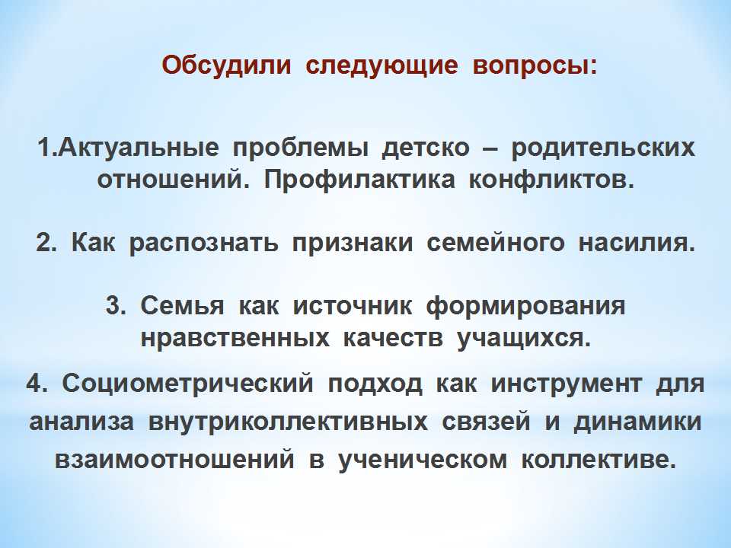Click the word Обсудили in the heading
point(226,65)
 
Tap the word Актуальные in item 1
point(139,148)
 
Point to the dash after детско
point(490,149)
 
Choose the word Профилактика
point(359,180)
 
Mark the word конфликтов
point(551,180)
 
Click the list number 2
point(46,244)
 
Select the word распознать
point(204,244)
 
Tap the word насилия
point(637,244)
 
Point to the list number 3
point(116,307)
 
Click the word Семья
point(182,307)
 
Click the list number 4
point(37,384)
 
